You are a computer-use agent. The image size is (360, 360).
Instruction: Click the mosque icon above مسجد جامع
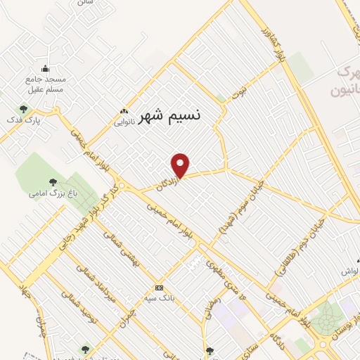46,69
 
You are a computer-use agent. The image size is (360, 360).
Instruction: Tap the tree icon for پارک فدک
24,109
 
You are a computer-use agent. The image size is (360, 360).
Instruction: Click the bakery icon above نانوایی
124,111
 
